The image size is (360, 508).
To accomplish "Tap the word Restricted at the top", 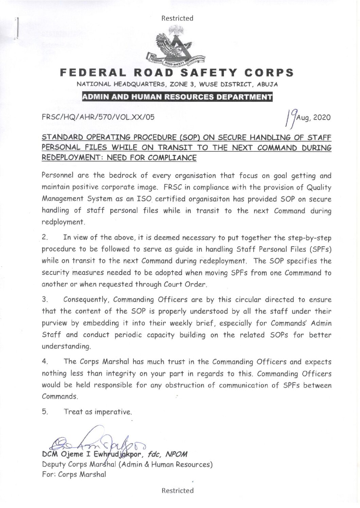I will click(x=177, y=18).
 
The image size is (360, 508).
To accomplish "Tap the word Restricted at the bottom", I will click(x=178, y=490).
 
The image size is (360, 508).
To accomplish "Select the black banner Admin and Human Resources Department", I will click(x=177, y=97).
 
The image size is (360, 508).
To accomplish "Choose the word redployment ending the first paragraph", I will click(x=62, y=223).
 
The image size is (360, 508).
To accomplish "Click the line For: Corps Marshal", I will click(x=74, y=474).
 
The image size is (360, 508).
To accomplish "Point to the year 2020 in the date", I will click(x=322, y=118).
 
